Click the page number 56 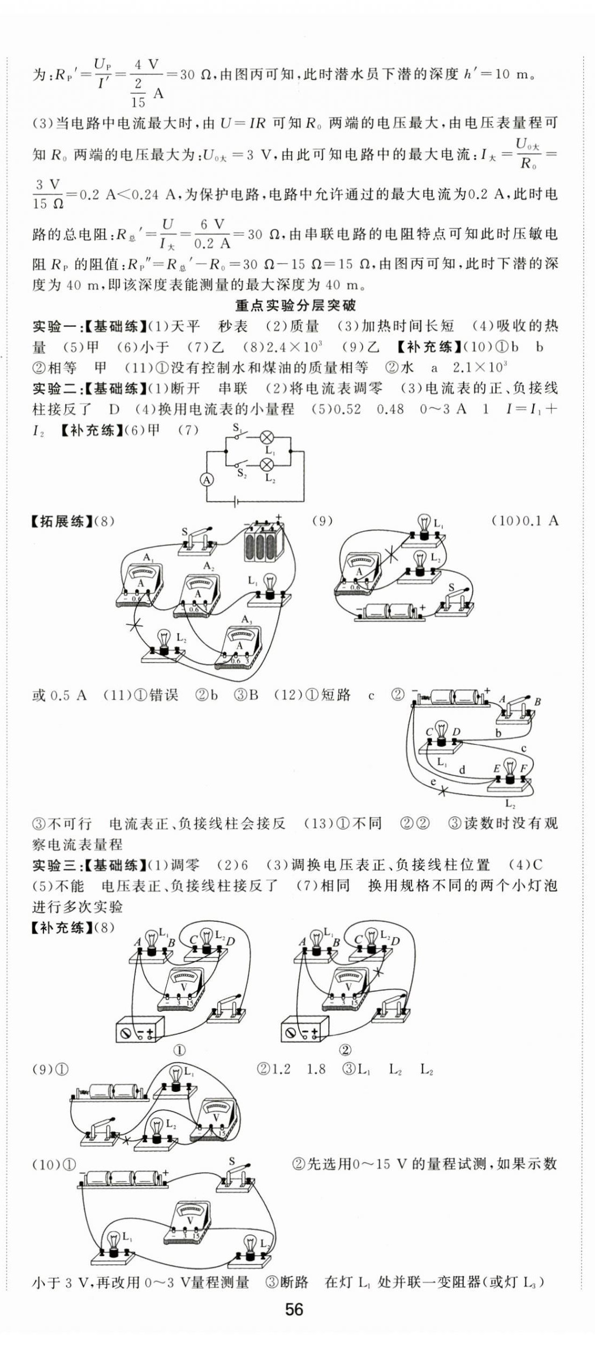pyautogui.click(x=294, y=1309)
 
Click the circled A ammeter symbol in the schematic pyautogui.click(x=208, y=479)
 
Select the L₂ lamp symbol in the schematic pyautogui.click(x=266, y=464)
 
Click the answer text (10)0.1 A pyautogui.click(x=525, y=520)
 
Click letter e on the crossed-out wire pyautogui.click(x=433, y=782)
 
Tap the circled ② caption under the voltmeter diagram pyautogui.click(x=345, y=1050)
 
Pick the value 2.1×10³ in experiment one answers pyautogui.click(x=479, y=368)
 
